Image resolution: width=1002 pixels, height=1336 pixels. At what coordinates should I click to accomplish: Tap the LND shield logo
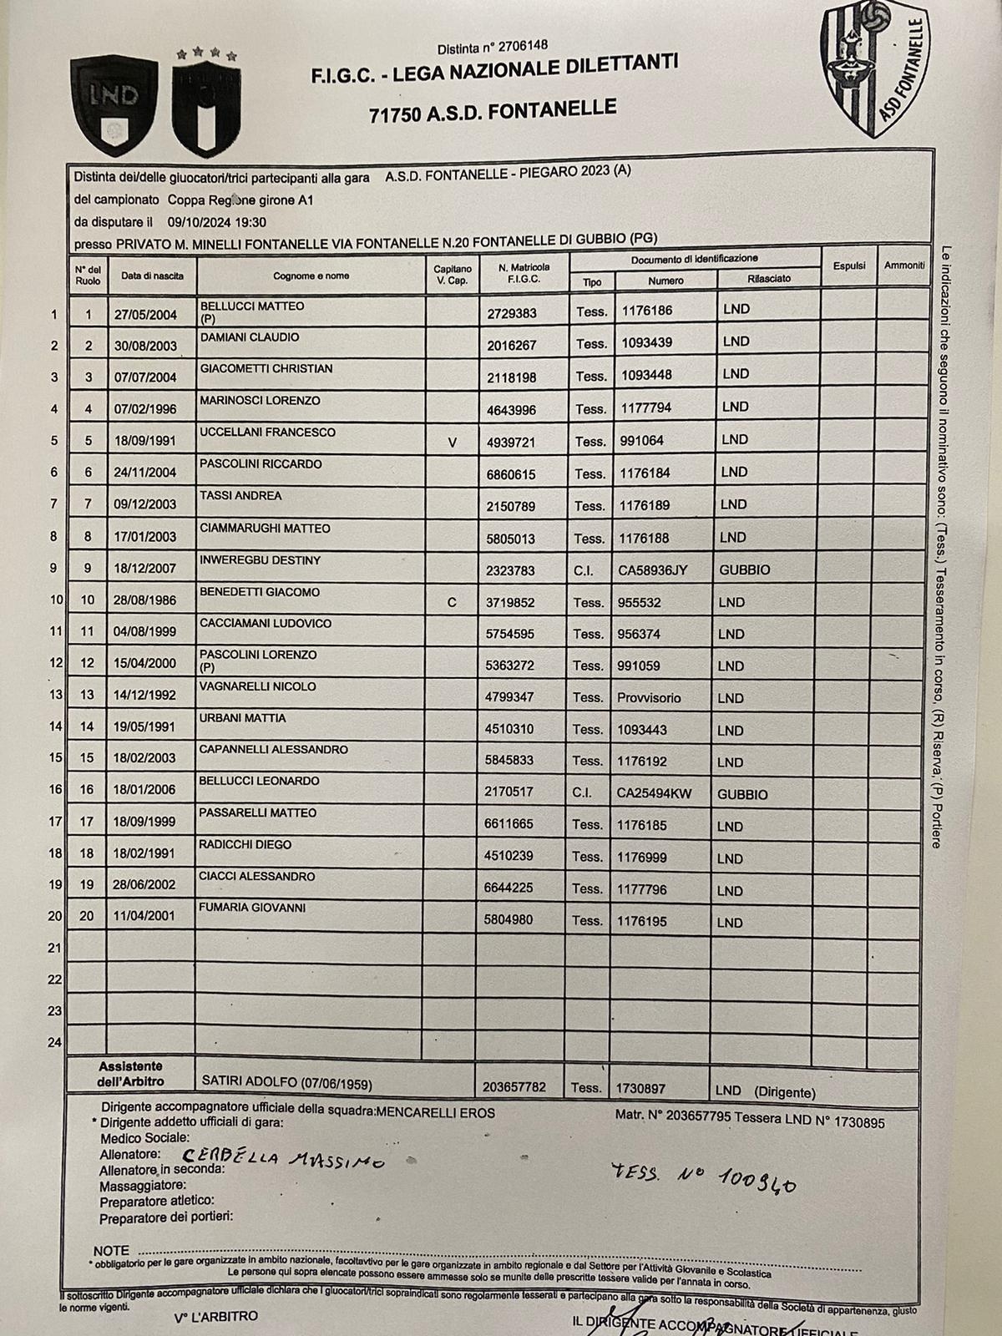(x=114, y=104)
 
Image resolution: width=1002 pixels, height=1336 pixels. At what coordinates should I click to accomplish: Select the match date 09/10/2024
(x=199, y=222)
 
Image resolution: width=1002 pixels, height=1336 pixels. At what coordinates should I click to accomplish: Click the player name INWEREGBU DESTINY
(x=260, y=560)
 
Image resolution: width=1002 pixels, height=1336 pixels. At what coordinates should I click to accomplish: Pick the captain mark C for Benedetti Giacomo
(x=452, y=602)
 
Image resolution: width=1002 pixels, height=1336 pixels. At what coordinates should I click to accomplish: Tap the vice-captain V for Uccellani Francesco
(x=453, y=442)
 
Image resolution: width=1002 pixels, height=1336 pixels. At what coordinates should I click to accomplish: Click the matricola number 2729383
(x=512, y=313)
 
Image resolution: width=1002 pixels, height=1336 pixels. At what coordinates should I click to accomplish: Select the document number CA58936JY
(x=653, y=570)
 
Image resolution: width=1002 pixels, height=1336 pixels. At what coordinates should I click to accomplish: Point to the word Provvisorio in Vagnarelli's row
(x=649, y=698)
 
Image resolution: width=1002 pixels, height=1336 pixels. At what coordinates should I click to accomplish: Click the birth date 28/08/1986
(x=144, y=602)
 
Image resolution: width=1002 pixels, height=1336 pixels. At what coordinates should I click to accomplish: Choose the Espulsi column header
(x=848, y=266)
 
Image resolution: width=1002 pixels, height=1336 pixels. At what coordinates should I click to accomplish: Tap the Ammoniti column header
(x=904, y=266)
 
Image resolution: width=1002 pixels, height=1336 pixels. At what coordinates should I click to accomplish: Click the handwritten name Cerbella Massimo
(x=284, y=1159)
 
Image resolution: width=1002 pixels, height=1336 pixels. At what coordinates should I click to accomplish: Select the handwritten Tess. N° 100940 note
(x=702, y=1177)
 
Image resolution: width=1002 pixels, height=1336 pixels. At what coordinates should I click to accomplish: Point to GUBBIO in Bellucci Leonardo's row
(x=742, y=795)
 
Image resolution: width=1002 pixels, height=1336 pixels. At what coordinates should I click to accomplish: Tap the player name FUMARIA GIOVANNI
(x=252, y=908)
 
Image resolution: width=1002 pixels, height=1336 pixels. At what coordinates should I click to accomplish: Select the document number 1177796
(x=642, y=890)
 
